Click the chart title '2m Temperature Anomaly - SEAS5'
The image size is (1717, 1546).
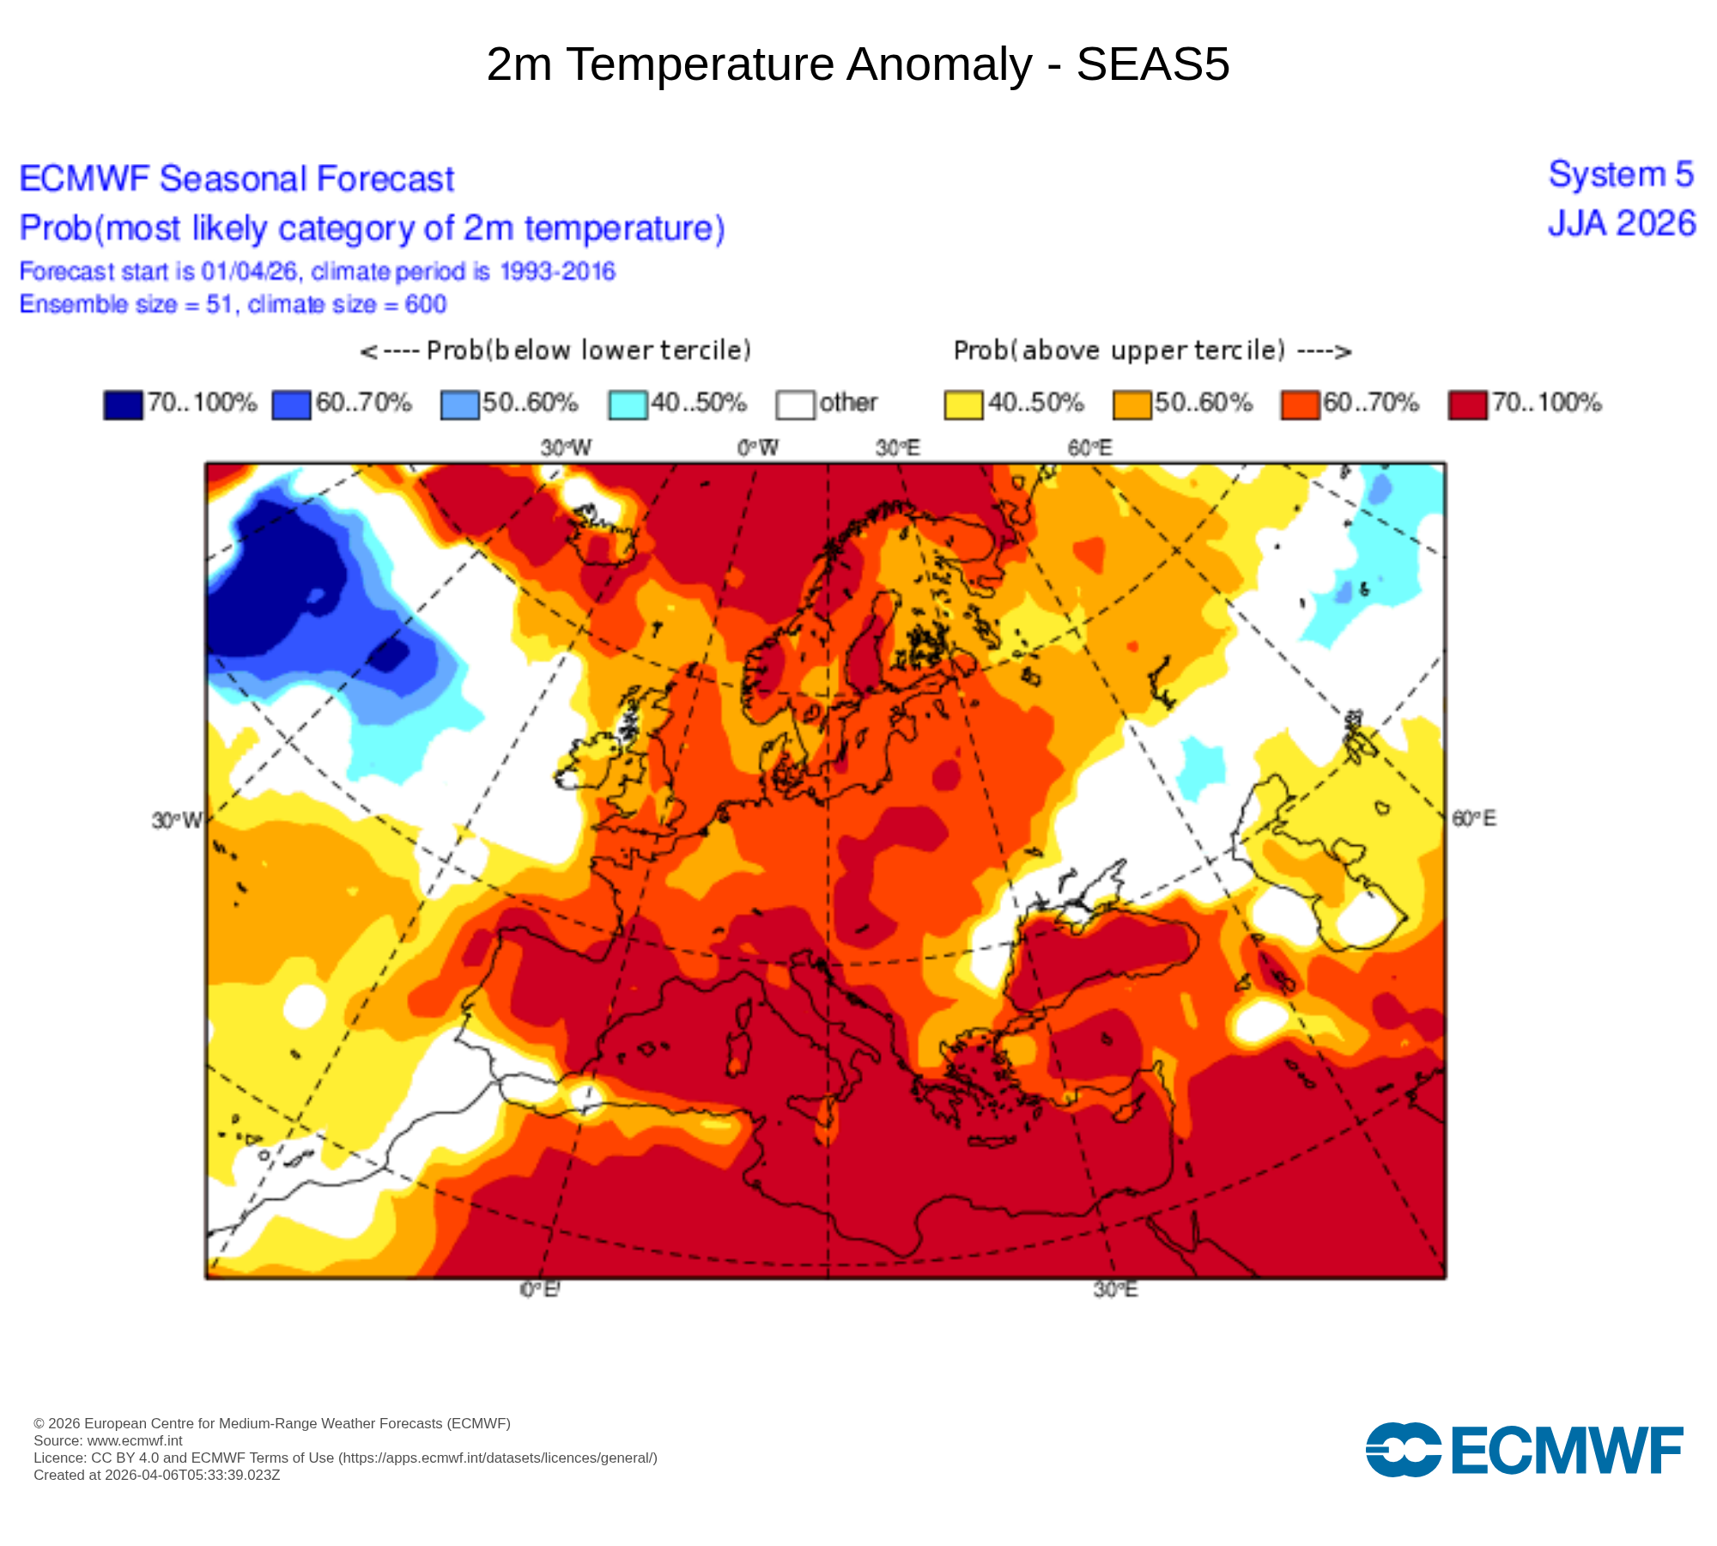(x=858, y=64)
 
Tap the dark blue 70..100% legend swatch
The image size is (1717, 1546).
(x=123, y=405)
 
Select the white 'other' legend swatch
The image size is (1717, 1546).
(x=795, y=405)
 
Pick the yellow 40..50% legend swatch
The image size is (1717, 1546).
(x=963, y=405)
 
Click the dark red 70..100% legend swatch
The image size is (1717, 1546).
(x=1467, y=405)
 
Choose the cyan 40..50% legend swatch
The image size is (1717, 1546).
(x=628, y=405)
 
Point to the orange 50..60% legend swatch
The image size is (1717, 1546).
(x=1132, y=405)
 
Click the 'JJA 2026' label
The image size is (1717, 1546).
(x=1622, y=224)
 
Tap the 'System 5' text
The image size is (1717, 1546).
(x=1621, y=175)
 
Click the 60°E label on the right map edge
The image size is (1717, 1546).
(x=1473, y=819)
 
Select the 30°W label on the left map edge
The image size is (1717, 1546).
(x=177, y=820)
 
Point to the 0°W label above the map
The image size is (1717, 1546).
(x=758, y=447)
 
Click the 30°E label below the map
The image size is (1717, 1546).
(x=1115, y=1290)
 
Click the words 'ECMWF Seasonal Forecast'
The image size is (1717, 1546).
(x=237, y=180)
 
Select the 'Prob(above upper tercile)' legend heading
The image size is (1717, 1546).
(x=1152, y=350)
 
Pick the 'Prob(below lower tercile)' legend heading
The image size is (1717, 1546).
(x=555, y=350)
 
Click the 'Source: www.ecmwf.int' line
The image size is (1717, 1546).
(x=108, y=1441)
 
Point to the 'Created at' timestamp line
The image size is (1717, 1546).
(x=157, y=1476)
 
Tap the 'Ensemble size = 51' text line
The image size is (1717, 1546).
(x=233, y=305)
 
